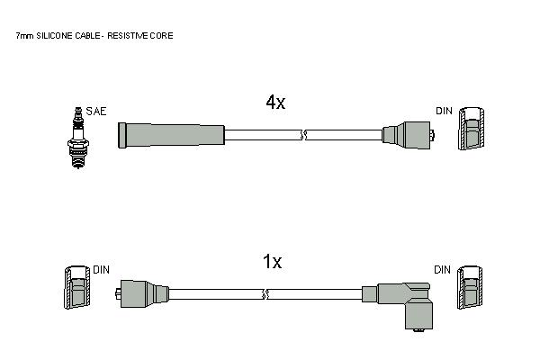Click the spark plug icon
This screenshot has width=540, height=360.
tap(78, 138)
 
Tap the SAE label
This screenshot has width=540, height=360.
tap(96, 112)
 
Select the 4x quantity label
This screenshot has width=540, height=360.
tap(275, 102)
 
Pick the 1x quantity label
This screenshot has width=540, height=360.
tap(272, 262)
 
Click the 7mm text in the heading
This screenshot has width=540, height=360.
tap(24, 35)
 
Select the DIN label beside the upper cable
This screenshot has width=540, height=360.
tap(444, 111)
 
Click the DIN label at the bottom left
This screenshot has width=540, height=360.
tap(101, 270)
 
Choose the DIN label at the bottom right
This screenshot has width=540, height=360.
tap(442, 270)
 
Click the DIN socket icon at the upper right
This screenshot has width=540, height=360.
tap(471, 129)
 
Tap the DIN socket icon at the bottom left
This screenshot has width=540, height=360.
tap(77, 287)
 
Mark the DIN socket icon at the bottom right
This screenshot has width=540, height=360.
tap(470, 287)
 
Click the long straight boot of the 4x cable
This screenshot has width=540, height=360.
tap(171, 135)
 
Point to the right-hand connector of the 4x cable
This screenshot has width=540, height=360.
tap(408, 135)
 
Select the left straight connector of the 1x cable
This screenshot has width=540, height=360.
tap(142, 293)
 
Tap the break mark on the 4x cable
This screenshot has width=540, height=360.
tap(303, 135)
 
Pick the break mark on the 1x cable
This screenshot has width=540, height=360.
tap(265, 294)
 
